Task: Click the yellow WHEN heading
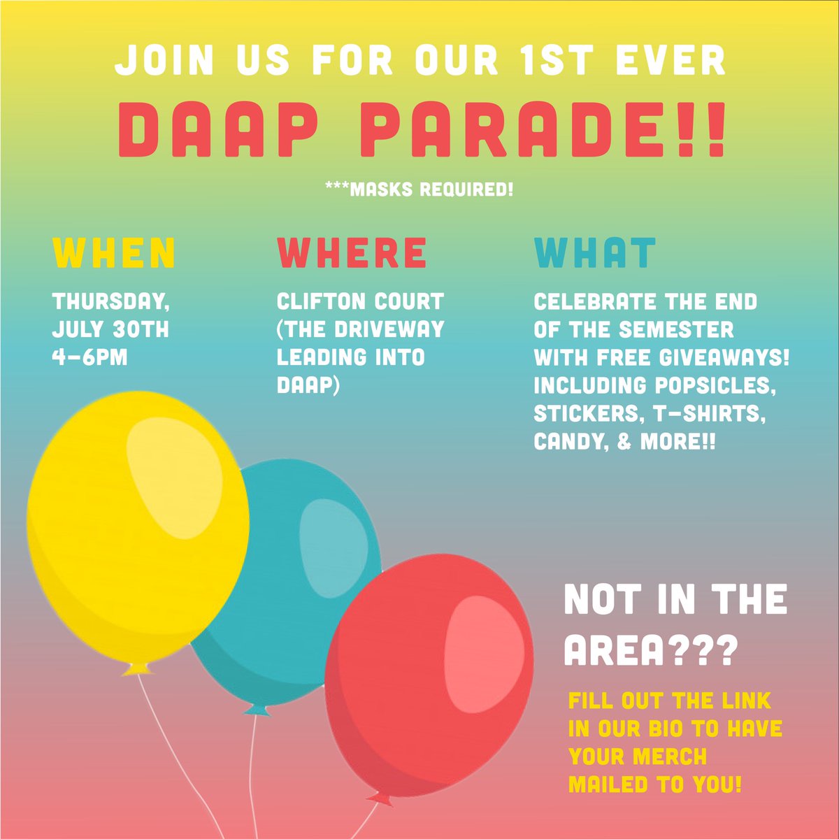pyautogui.click(x=114, y=253)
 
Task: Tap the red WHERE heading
pyautogui.click(x=352, y=253)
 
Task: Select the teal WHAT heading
pyautogui.click(x=595, y=253)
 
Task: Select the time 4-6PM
pyautogui.click(x=90, y=357)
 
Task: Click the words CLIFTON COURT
pyautogui.click(x=360, y=302)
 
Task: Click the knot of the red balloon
pyautogui.click(x=381, y=798)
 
